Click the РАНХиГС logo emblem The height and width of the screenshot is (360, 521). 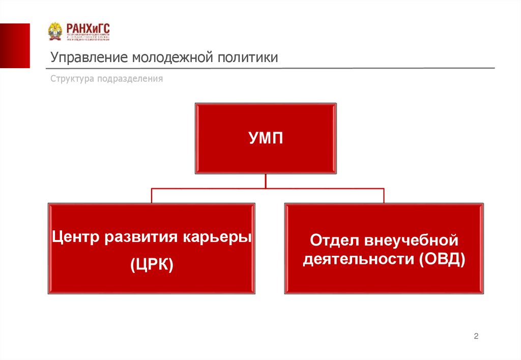click(55, 32)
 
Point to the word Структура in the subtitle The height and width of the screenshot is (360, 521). click(69, 79)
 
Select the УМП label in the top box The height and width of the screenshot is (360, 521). click(265, 138)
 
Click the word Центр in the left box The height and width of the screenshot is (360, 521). click(76, 237)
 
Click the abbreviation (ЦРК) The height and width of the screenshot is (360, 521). click(152, 264)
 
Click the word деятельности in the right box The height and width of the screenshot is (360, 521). click(359, 259)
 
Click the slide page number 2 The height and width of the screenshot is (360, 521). click(476, 336)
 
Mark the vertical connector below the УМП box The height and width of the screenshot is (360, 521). click(265, 181)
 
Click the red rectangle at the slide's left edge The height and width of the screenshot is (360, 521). click(15, 46)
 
